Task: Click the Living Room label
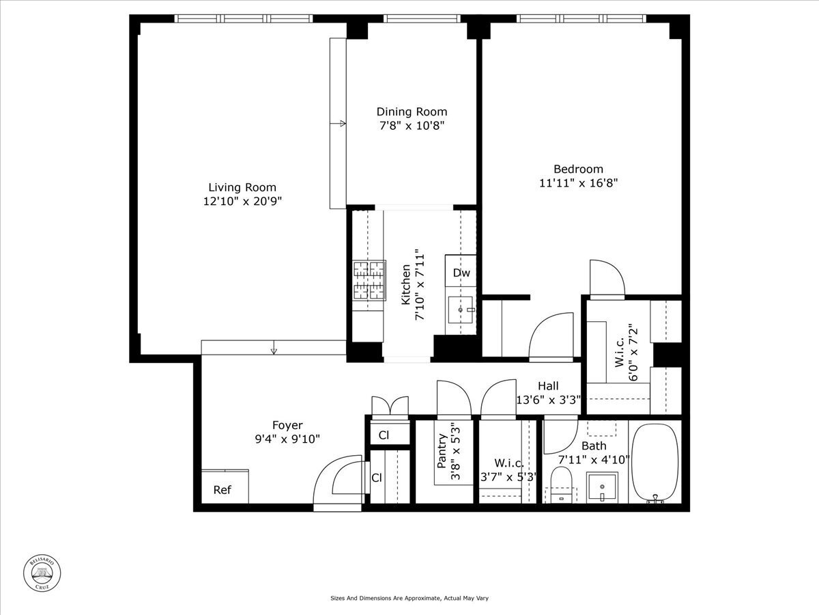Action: click(242, 187)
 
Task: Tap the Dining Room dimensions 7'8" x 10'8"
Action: click(412, 126)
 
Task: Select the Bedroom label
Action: click(578, 169)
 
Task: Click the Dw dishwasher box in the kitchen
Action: click(461, 273)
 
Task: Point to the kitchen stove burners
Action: click(369, 281)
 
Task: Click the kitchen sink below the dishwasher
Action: click(461, 310)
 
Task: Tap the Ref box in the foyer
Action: click(222, 489)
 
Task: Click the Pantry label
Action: click(442, 451)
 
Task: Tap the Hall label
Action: click(547, 386)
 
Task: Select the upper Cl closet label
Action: click(384, 435)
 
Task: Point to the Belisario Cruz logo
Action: click(43, 572)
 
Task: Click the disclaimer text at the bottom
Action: click(409, 598)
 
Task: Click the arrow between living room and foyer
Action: click(274, 351)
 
